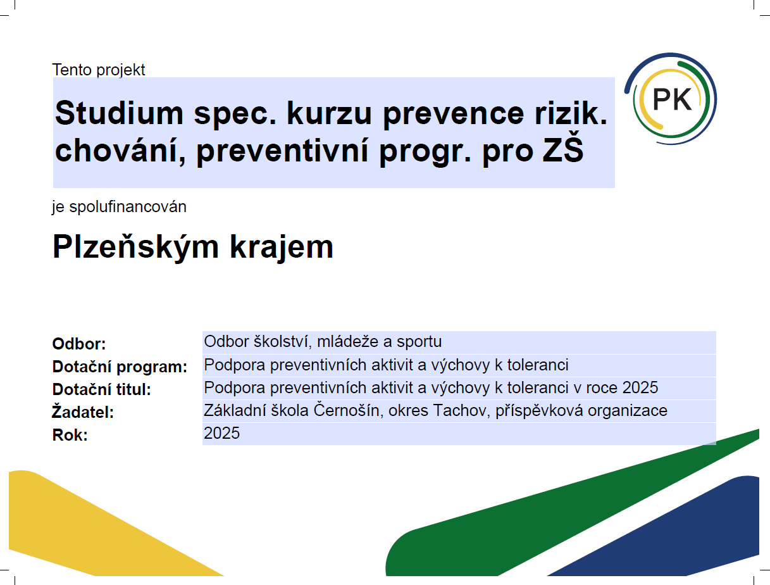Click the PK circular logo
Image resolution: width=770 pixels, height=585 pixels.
tap(671, 99)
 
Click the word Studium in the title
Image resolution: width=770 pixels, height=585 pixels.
tap(120, 113)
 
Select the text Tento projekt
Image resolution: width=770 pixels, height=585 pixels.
tap(99, 70)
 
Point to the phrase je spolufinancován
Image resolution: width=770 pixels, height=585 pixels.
tap(120, 206)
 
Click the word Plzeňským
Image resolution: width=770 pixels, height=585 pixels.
tap(136, 247)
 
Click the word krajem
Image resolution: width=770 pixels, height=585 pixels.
tap(282, 247)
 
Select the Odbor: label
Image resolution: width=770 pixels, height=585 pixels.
tap(79, 344)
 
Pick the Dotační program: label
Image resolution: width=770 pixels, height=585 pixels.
tap(120, 367)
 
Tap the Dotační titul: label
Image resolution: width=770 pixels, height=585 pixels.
tap(102, 389)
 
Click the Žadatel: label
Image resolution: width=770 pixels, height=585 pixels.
tap(83, 412)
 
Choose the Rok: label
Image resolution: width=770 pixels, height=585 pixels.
tap(70, 435)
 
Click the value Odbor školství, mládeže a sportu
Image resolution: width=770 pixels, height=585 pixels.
tap(323, 341)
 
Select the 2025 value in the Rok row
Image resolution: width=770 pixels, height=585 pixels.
tap(221, 433)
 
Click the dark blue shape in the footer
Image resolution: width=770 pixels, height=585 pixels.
tap(684, 534)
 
